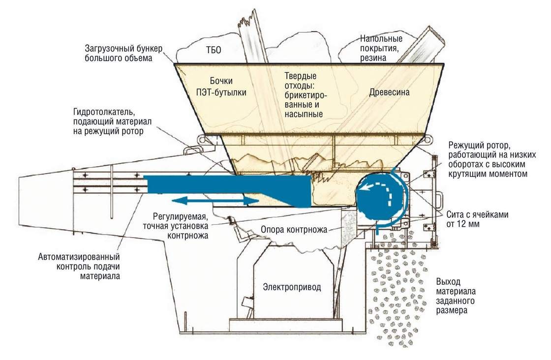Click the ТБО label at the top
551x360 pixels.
214,50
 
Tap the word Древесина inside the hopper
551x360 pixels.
389,92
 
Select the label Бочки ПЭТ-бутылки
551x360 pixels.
221,87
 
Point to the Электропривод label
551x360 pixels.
292,287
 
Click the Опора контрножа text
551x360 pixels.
294,230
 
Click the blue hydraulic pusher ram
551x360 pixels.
228,190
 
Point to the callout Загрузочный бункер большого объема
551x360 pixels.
123,53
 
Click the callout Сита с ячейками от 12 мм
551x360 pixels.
477,219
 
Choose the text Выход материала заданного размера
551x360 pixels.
456,296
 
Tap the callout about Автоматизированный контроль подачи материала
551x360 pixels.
79,267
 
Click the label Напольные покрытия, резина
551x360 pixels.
381,48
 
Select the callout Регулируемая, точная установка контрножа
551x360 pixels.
176,226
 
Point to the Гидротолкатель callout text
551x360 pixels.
113,121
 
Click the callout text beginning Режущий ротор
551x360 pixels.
492,159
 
